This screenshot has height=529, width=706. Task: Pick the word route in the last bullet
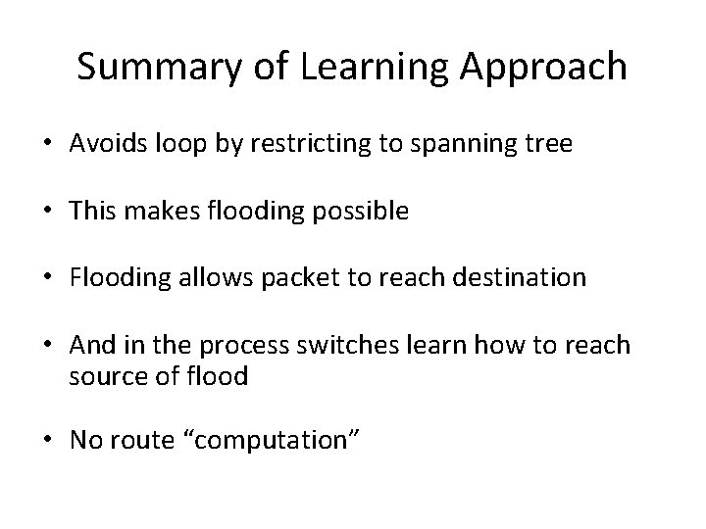click(136, 442)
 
